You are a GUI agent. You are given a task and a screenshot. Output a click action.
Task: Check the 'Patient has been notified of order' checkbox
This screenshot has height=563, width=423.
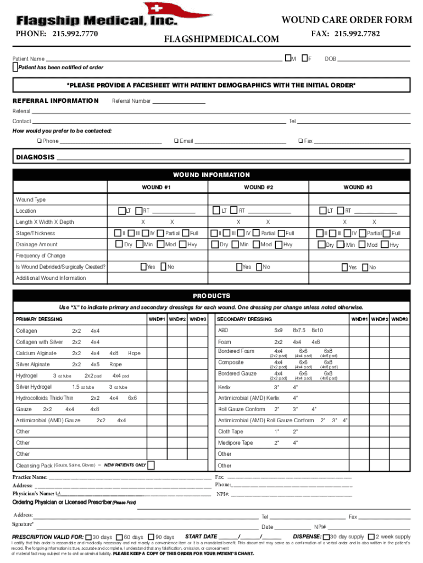(x=15, y=67)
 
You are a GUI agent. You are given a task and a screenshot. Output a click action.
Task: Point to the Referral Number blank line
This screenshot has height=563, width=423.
(x=179, y=101)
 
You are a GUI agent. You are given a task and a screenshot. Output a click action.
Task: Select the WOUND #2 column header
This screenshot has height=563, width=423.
(x=259, y=187)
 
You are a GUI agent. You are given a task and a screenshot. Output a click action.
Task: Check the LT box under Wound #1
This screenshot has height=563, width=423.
(x=121, y=211)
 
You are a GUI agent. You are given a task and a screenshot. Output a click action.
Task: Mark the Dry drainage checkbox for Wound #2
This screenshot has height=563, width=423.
(x=214, y=244)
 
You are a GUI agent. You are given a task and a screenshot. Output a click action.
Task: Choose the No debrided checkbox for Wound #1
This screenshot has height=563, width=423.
(x=163, y=267)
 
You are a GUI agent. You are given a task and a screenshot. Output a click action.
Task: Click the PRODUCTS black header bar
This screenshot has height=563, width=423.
(x=211, y=296)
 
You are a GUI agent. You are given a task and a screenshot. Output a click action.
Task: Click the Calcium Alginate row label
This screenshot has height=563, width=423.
(x=36, y=353)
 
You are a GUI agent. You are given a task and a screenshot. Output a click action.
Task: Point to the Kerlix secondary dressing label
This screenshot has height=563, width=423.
(x=224, y=387)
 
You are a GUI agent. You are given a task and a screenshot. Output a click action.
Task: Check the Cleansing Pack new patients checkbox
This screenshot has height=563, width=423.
(x=152, y=465)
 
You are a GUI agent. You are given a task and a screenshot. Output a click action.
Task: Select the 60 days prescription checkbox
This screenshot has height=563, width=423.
(x=120, y=537)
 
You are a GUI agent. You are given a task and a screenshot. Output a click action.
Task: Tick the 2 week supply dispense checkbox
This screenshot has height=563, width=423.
(x=371, y=537)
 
